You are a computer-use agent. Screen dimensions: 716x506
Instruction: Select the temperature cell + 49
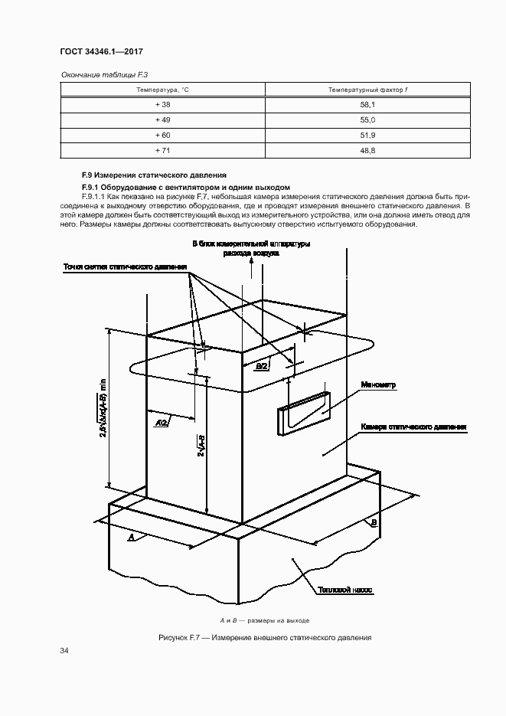coord(162,120)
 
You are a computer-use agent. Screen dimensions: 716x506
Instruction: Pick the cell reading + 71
coord(162,151)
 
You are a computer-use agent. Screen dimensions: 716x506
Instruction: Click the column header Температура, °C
coord(162,90)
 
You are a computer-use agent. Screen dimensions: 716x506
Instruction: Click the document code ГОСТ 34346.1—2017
coord(102,52)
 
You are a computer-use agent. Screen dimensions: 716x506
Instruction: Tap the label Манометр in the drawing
coord(378,386)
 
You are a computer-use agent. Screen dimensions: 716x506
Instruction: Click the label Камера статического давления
coord(413,427)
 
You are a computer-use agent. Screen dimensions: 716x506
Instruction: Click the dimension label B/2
coord(262,367)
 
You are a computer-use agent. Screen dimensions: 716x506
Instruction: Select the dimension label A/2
coord(162,423)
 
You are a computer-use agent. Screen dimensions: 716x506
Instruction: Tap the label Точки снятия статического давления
coord(126,267)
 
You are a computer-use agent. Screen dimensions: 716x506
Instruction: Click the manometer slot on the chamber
coord(304,413)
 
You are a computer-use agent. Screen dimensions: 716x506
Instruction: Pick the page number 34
coord(64,651)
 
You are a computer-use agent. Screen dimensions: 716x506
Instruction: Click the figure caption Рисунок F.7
coord(264,637)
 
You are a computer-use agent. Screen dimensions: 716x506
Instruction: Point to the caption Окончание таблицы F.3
coord(98,74)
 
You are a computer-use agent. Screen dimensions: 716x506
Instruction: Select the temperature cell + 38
coord(162,105)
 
